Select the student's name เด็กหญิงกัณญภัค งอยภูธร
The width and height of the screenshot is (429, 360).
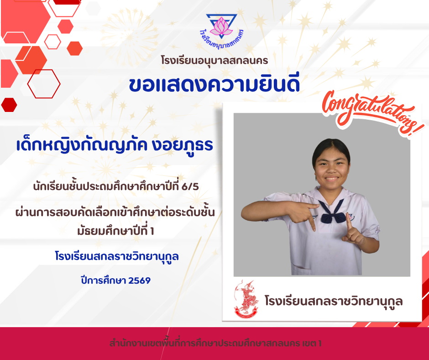click(x=115, y=145)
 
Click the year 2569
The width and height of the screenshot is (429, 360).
click(x=139, y=281)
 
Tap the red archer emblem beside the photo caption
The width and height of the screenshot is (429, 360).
click(x=246, y=299)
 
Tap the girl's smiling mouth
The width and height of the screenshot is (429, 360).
click(x=332, y=179)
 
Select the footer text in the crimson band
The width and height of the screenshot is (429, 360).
click(x=215, y=343)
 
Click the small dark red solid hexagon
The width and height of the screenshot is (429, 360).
click(x=9, y=105)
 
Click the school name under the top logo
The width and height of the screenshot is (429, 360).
click(x=214, y=61)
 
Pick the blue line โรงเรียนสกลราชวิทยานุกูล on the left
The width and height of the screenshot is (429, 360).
click(x=117, y=257)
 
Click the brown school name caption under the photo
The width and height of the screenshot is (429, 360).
click(x=334, y=301)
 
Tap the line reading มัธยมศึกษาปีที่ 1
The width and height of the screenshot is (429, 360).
click(x=116, y=231)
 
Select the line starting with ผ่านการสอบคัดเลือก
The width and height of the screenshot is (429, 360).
click(x=115, y=212)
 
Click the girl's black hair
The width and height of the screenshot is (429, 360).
click(x=331, y=149)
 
